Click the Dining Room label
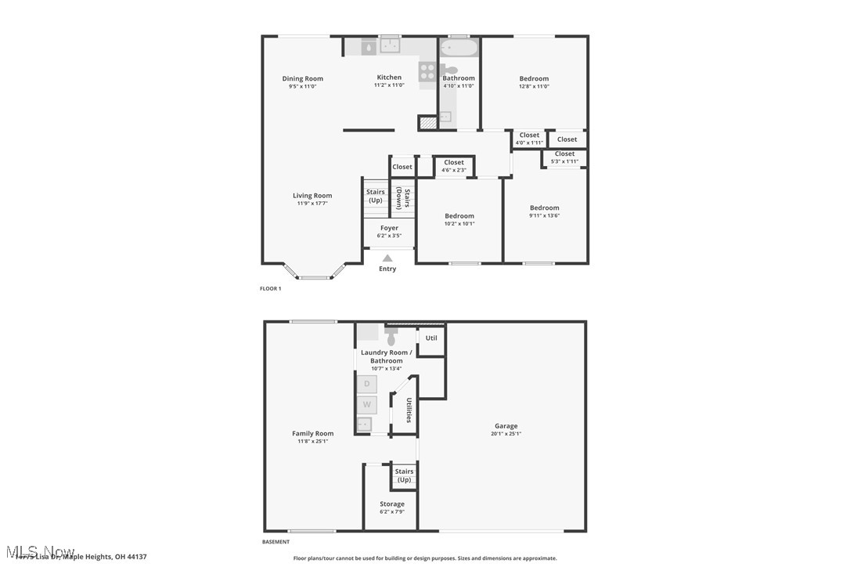tap(302, 78)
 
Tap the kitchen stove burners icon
tap(427, 72)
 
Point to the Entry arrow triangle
tap(387, 258)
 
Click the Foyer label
tap(389, 228)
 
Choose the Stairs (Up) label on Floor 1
tap(375, 196)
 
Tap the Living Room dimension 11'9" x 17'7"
tap(312, 204)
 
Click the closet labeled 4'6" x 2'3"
tap(454, 166)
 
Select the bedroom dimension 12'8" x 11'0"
tap(534, 86)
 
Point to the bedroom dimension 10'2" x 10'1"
tap(459, 223)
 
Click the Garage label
tap(506, 426)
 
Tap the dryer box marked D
tap(366, 385)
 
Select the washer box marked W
tap(366, 405)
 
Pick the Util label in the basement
tap(431, 338)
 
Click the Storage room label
tap(392, 504)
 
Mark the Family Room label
tap(312, 433)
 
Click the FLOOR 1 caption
tap(270, 289)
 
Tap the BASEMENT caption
tap(276, 542)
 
